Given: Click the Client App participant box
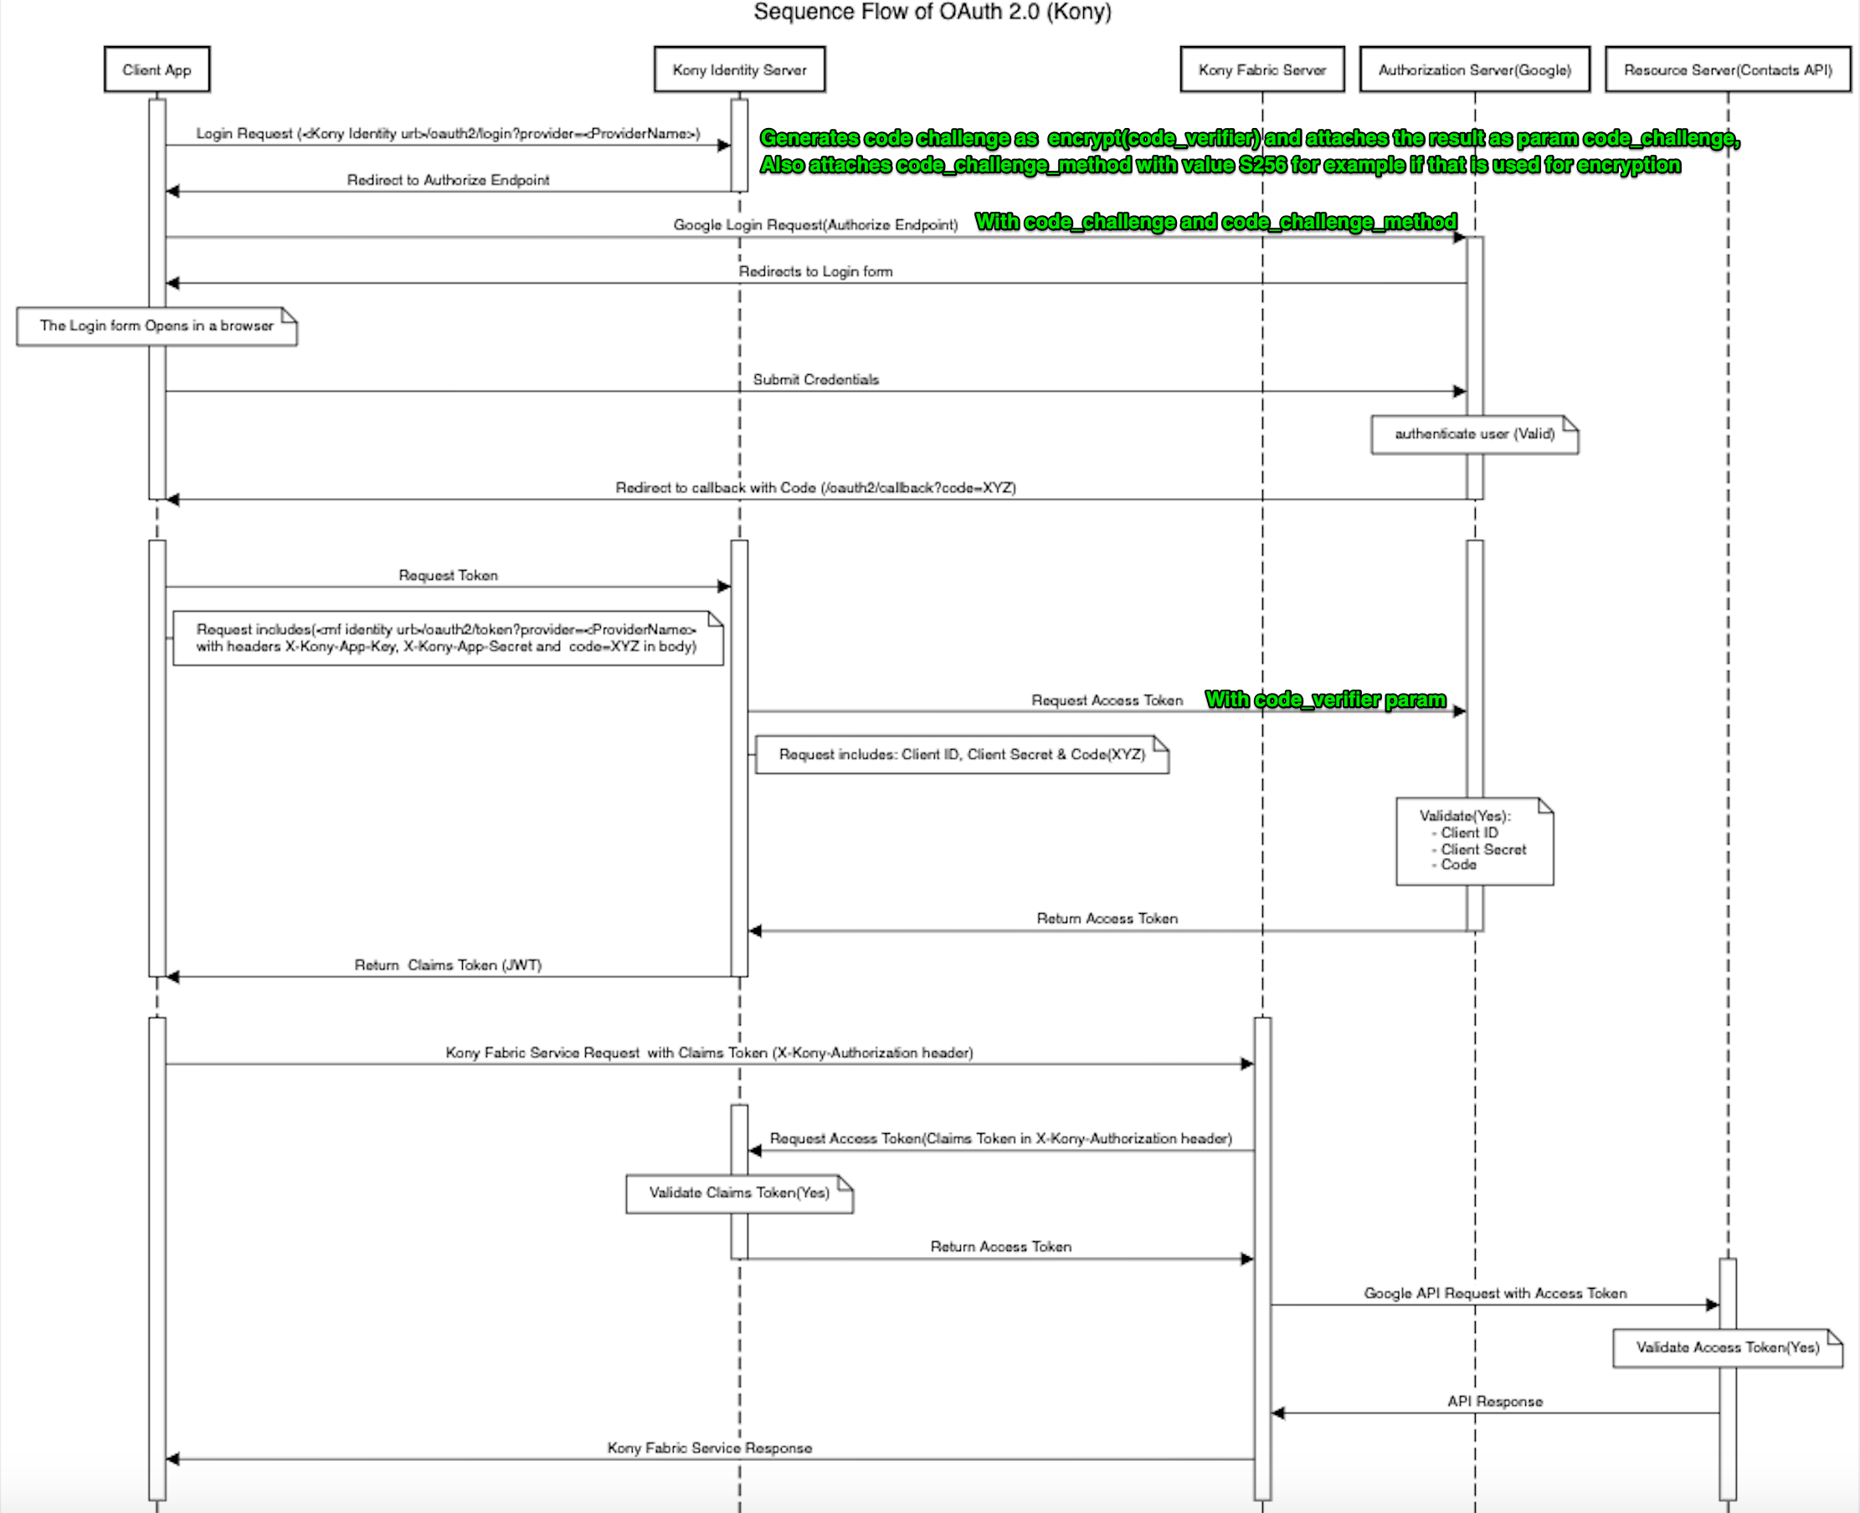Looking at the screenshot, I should [x=157, y=69].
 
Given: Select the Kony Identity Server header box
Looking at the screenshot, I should [x=739, y=69].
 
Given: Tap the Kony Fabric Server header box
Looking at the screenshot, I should [x=1261, y=69].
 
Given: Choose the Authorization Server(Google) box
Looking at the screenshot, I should [x=1474, y=69].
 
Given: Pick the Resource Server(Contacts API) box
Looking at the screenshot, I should [x=1728, y=69].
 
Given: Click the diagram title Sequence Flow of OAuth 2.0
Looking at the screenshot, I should [x=932, y=13].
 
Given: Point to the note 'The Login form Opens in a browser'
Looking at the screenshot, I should [x=157, y=326].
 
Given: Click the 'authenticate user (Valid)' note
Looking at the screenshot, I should [x=1474, y=434].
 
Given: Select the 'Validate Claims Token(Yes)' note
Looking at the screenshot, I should [x=739, y=1193].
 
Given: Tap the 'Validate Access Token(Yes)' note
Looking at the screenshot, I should [x=1727, y=1347].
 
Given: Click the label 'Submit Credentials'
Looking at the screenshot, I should [x=816, y=380].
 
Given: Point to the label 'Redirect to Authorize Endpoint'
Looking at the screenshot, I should [x=448, y=181].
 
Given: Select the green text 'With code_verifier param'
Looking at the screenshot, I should [x=1325, y=700].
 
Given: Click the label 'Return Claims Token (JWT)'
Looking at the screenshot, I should [x=448, y=966].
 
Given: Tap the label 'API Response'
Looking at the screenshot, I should [x=1495, y=1402].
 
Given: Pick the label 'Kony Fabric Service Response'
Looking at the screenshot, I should [x=710, y=1448].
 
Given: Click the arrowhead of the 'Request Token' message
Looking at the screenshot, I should [x=724, y=587].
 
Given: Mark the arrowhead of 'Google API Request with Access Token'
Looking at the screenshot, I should [x=1713, y=1305].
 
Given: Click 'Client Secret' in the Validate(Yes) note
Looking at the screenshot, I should [x=1482, y=849].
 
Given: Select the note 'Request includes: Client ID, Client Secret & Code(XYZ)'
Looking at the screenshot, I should [x=961, y=755].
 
